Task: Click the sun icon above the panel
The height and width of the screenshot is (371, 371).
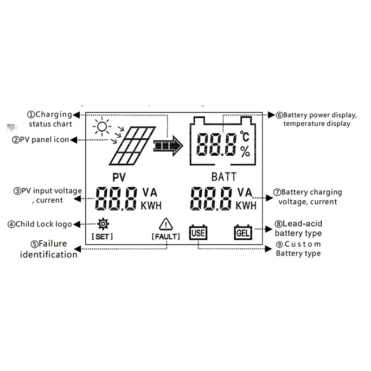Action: click(x=102, y=126)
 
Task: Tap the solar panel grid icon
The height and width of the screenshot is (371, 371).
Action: click(x=132, y=146)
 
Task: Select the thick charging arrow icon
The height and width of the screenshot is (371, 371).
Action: click(x=168, y=146)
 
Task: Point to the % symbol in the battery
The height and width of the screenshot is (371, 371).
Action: click(x=245, y=151)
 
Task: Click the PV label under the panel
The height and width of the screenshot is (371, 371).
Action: click(x=120, y=177)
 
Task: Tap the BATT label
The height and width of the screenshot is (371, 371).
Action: click(x=224, y=177)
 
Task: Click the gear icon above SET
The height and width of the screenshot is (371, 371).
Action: click(x=103, y=224)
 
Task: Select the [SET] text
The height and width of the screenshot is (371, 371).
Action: click(x=102, y=237)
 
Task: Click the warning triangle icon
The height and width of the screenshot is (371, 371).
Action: click(x=166, y=224)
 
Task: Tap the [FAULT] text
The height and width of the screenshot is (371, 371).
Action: click(x=166, y=237)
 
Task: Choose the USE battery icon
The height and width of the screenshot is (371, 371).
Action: click(x=197, y=232)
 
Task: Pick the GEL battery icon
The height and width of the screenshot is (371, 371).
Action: click(x=243, y=232)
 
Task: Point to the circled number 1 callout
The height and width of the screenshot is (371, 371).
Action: click(x=31, y=115)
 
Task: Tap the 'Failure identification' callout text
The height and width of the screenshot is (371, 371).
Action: click(x=49, y=249)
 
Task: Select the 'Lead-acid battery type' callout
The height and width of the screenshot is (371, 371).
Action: click(x=298, y=228)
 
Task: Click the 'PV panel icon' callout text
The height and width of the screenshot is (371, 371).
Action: click(x=44, y=140)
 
